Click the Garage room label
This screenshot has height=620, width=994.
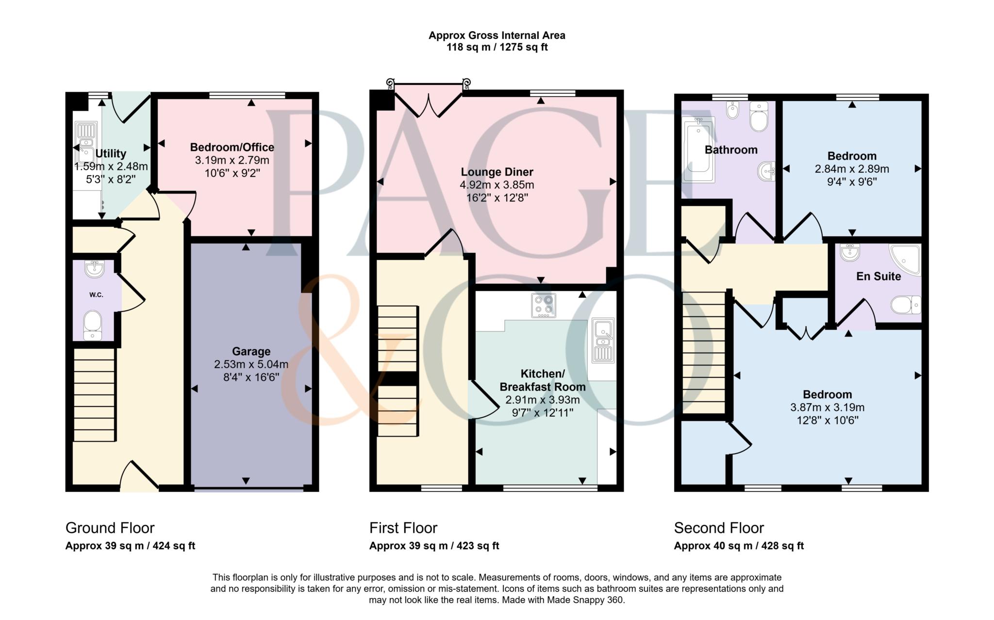click(251, 351)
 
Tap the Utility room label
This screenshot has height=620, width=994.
click(111, 154)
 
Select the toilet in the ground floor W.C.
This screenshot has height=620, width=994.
click(92, 324)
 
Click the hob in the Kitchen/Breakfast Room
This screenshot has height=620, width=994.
click(543, 305)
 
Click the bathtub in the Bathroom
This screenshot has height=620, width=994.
click(698, 150)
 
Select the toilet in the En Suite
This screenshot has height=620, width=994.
click(906, 305)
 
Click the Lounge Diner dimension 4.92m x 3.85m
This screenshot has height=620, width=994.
click(497, 185)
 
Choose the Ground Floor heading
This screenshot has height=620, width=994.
click(110, 528)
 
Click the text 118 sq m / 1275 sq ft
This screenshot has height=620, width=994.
click(497, 48)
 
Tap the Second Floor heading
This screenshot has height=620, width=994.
click(719, 528)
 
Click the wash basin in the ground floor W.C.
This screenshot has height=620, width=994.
click(94, 268)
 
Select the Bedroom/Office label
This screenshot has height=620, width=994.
click(232, 147)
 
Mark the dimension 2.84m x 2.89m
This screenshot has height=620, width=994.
click(852, 169)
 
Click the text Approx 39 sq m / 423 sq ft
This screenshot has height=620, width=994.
click(434, 546)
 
